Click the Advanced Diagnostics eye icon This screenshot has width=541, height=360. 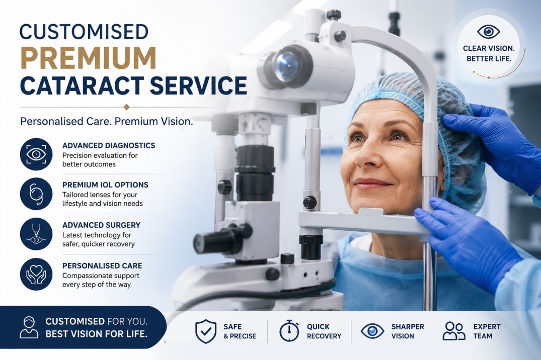click(36, 154)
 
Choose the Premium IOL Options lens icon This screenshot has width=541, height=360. click(36, 194)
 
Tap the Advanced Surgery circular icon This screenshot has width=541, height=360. click(36, 234)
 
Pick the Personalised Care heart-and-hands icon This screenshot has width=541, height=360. click(36, 275)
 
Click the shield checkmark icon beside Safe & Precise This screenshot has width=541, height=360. click(206, 331)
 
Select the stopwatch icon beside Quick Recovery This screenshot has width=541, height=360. click(289, 331)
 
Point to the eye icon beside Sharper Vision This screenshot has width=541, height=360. click(372, 331)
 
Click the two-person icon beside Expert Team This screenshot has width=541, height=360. click(454, 331)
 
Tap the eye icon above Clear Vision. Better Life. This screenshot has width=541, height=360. click(489, 32)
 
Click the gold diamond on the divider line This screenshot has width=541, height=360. click(127, 107)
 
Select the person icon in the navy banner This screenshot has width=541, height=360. click(29, 327)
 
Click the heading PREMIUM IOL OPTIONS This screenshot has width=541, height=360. click(105, 185)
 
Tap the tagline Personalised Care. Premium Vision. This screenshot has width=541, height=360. click(107, 121)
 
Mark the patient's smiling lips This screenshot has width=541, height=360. click(372, 183)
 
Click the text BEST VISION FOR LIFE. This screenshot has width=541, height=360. click(96, 334)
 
